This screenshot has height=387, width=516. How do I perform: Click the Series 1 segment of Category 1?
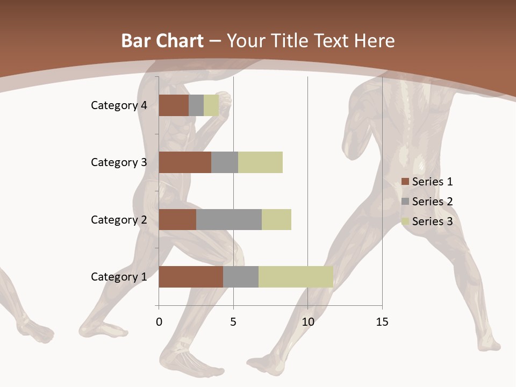(x=191, y=276)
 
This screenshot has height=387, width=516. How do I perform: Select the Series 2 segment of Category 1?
(x=241, y=276)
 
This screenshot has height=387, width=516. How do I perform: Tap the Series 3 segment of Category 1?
(x=296, y=276)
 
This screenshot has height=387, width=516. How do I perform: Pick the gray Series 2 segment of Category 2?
(x=229, y=219)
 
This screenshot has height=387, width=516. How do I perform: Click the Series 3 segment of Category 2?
(x=276, y=219)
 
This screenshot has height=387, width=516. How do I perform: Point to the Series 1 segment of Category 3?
(x=185, y=162)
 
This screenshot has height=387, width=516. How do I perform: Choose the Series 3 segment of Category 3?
(x=260, y=162)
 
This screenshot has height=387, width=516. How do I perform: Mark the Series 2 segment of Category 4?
(x=196, y=105)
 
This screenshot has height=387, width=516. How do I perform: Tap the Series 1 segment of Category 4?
(x=174, y=105)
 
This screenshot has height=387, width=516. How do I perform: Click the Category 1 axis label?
(x=119, y=277)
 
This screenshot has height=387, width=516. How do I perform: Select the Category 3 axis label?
(x=119, y=162)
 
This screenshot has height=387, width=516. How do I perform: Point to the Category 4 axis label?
(x=119, y=105)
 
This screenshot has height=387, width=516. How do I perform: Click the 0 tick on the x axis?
(x=159, y=322)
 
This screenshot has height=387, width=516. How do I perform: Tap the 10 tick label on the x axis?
(x=307, y=322)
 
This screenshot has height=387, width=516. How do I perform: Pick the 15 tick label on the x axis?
(x=382, y=322)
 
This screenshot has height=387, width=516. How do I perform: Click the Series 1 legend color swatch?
(x=405, y=182)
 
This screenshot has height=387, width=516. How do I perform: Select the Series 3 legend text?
(x=432, y=221)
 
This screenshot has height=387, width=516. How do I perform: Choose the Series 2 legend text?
(x=432, y=202)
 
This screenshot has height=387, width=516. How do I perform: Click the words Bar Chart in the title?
(x=162, y=41)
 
